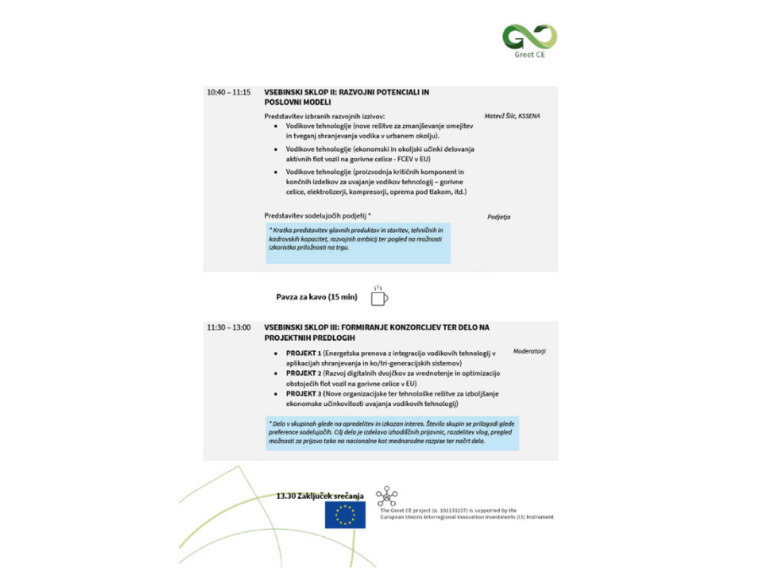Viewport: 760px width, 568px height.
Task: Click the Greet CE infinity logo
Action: point(529,36)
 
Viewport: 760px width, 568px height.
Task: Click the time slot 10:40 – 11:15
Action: point(229,92)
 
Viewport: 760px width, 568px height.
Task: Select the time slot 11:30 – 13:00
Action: point(229,327)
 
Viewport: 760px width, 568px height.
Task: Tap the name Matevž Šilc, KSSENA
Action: point(513,116)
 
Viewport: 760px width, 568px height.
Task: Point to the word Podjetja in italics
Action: point(498,217)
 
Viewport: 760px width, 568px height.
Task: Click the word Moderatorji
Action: point(529,350)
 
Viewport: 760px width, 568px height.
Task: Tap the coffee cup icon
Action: point(378,295)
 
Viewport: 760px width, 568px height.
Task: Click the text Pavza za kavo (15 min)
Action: point(317,297)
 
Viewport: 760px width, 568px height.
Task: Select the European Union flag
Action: point(345,515)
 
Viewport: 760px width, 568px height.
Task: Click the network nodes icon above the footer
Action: point(387,495)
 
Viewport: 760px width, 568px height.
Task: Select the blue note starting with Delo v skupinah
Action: point(391,432)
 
